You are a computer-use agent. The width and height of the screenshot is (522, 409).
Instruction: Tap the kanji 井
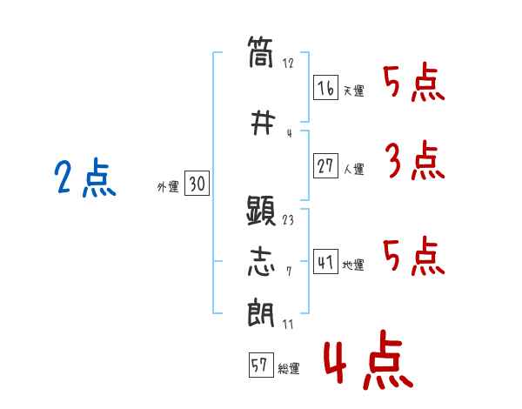(261, 122)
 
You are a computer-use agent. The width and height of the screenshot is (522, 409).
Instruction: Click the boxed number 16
(326, 88)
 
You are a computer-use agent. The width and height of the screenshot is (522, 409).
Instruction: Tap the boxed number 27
(326, 166)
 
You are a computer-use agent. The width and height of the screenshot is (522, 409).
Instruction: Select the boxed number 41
(326, 261)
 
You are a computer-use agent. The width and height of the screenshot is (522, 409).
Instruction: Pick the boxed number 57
(259, 365)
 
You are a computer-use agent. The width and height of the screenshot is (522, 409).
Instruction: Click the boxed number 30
(197, 184)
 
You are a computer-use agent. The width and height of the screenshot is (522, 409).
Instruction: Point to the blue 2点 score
(85, 180)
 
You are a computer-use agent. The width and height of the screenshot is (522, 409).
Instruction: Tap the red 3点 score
(414, 162)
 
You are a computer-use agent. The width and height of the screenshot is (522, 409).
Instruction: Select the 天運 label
(354, 91)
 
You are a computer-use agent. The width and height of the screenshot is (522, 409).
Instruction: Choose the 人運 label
(354, 170)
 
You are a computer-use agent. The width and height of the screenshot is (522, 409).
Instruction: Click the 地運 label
(354, 265)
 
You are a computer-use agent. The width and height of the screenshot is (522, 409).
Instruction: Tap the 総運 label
(289, 369)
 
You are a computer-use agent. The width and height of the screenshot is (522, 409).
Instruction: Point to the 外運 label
(168, 186)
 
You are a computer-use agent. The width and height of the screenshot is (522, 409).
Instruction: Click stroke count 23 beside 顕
(289, 220)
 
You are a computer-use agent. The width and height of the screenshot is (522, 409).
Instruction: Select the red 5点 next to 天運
(414, 84)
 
